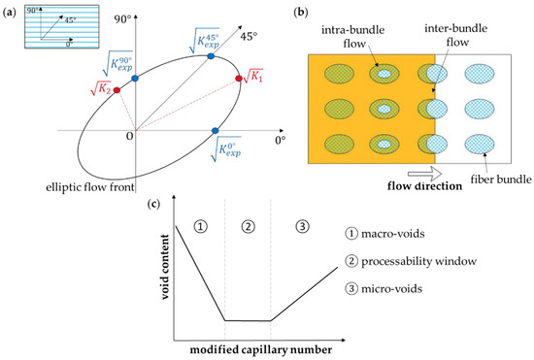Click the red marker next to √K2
tap(117, 90)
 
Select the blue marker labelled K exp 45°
tap(210, 56)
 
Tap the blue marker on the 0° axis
tap(215, 129)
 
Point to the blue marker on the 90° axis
tap(135, 77)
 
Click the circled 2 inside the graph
tap(248, 227)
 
